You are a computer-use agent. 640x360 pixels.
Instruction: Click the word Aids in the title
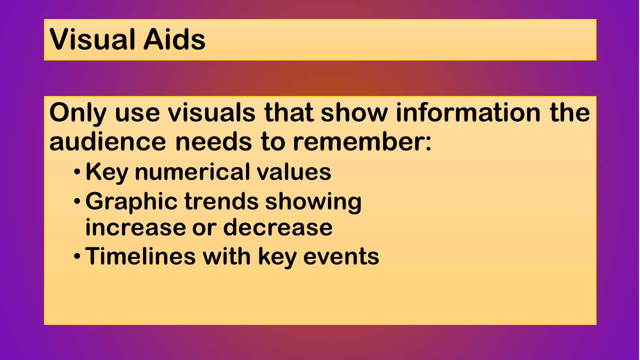[174, 39]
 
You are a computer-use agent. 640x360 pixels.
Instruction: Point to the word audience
[107, 141]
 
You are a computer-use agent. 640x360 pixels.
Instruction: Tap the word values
[294, 172]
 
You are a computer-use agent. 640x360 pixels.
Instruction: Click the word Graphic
[131, 203]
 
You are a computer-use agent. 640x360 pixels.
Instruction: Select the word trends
[221, 201]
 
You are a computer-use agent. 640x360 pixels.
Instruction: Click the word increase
[135, 227]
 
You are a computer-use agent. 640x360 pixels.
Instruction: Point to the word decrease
[277, 227]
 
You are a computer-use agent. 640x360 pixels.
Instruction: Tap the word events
[341, 257]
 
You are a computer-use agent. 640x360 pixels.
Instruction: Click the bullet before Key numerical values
[77, 172]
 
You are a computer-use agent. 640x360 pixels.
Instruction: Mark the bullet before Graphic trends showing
[77, 201]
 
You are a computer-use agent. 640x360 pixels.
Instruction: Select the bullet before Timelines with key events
[77, 256]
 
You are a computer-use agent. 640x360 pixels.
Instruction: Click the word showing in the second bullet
[313, 203]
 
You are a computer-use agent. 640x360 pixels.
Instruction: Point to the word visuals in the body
[211, 112]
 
